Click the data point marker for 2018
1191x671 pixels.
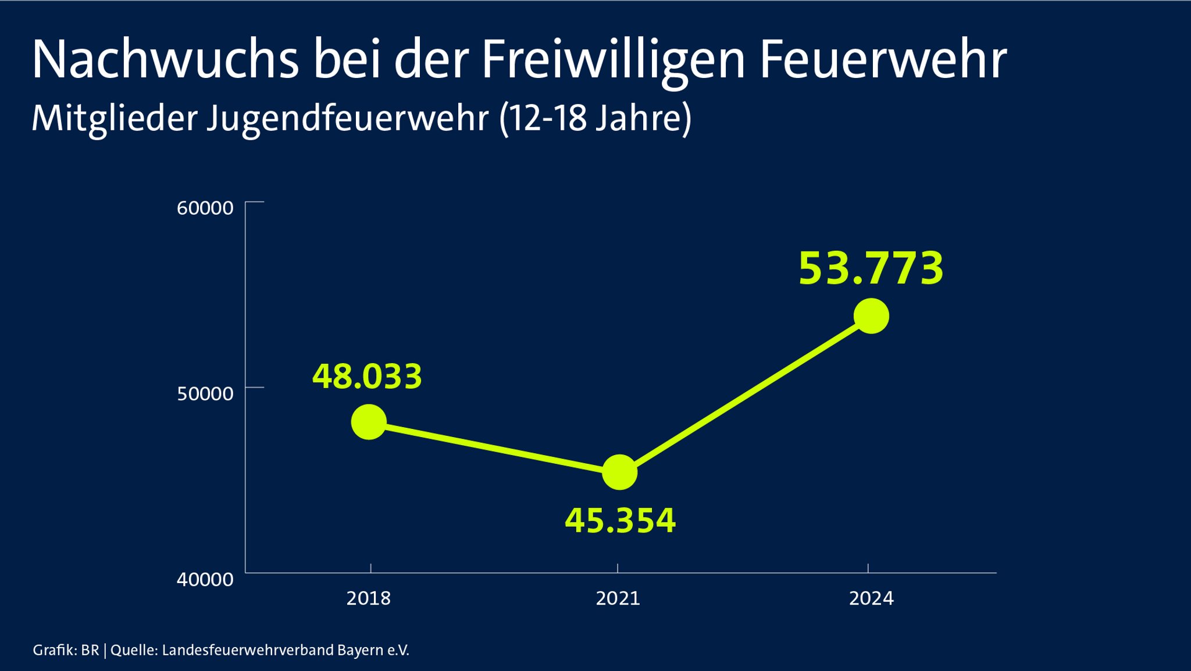click(369, 422)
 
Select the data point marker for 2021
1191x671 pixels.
click(619, 472)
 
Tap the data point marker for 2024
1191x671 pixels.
click(871, 316)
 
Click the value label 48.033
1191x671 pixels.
click(367, 377)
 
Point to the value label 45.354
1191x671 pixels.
click(620, 520)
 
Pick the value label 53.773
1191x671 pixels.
click(871, 268)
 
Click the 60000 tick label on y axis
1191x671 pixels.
click(205, 208)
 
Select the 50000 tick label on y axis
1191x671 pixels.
click(205, 393)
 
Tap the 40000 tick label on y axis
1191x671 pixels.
click(205, 579)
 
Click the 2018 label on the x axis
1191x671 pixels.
click(369, 598)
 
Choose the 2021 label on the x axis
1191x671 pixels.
click(618, 598)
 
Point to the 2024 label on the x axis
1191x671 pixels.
click(871, 598)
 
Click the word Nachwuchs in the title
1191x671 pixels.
click(165, 59)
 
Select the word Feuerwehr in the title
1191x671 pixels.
click(883, 59)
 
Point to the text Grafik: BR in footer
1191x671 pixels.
click(66, 650)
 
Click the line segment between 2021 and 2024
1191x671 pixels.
click(746, 394)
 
